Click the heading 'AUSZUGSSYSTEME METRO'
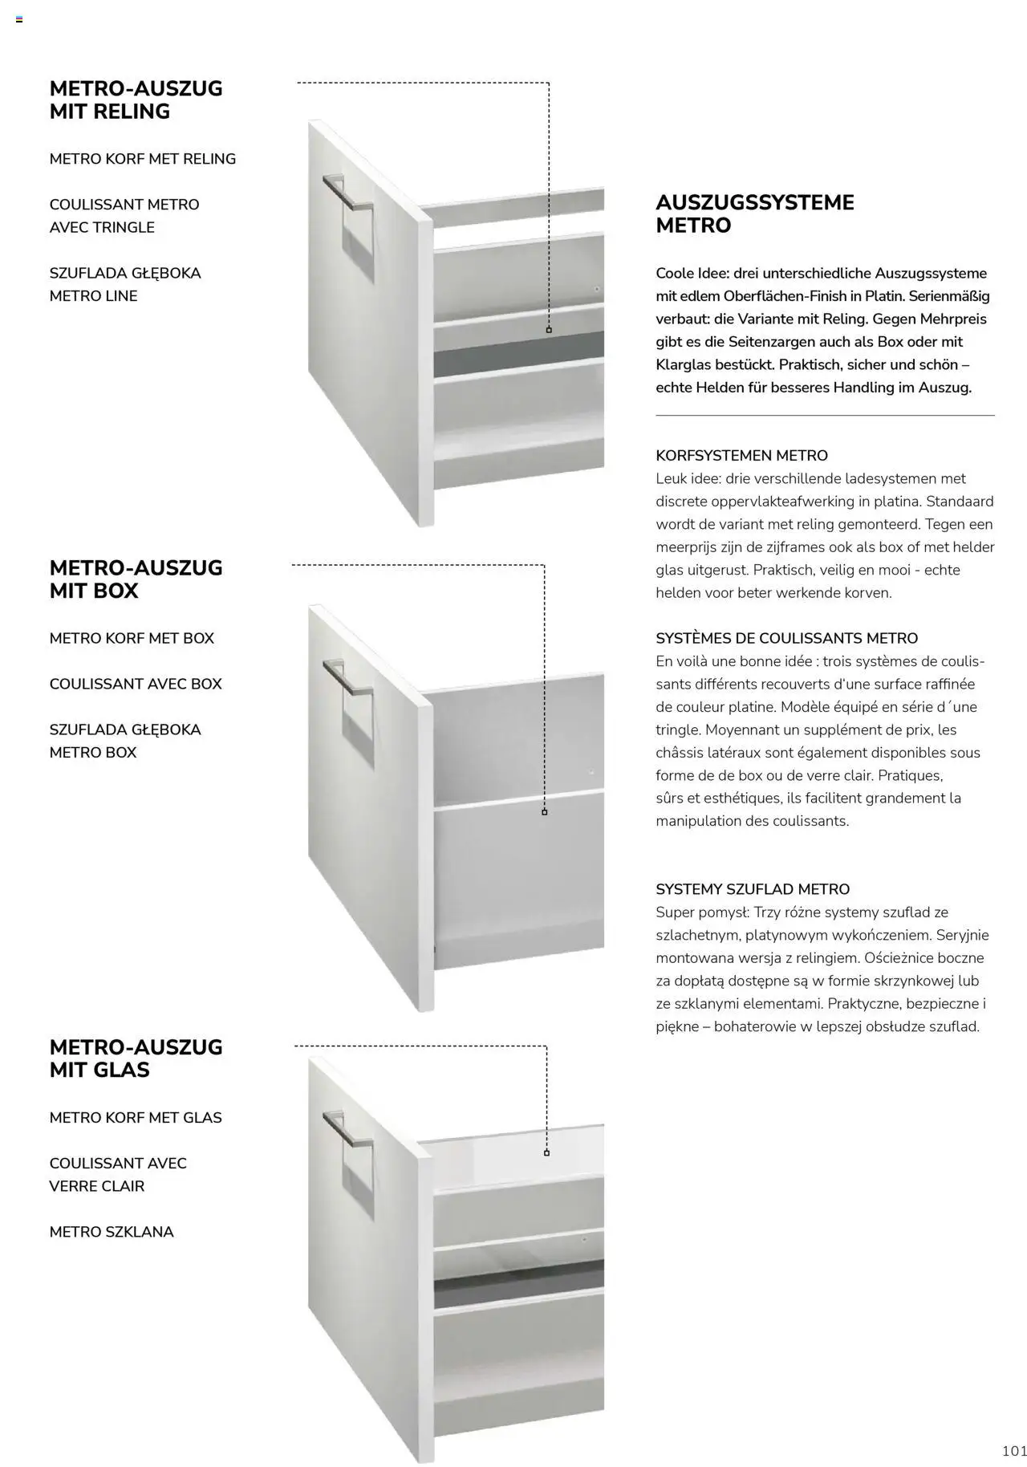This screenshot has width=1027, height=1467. [x=755, y=213]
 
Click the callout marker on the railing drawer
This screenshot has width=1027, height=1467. [x=549, y=330]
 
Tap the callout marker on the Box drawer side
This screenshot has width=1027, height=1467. [x=545, y=812]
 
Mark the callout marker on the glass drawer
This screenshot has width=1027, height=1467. [x=546, y=1153]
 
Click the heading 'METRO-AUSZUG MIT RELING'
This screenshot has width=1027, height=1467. [x=136, y=100]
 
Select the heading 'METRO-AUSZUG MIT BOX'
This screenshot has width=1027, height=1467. [x=136, y=579]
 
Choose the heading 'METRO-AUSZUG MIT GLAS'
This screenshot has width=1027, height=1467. [x=136, y=1058]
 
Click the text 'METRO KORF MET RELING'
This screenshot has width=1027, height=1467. [x=143, y=159]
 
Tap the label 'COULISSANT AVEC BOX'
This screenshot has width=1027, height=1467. [x=136, y=684]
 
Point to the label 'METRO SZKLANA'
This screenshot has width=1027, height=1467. [x=112, y=1232]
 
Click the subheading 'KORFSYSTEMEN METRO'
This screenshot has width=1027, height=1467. [x=741, y=456]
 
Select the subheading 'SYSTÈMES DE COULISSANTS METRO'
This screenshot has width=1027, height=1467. [x=787, y=638]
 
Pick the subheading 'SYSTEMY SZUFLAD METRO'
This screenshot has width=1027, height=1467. [x=753, y=889]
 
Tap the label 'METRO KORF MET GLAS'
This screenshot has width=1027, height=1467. [x=136, y=1117]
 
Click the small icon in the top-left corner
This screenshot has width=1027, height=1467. [x=19, y=19]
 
